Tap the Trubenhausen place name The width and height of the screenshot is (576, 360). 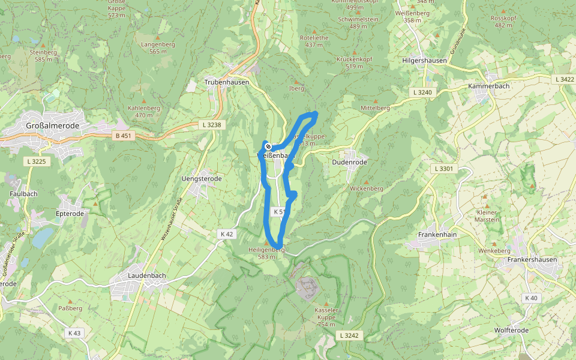pos(227,82)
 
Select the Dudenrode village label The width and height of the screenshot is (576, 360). pos(349,162)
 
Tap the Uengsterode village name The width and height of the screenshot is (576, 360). pos(202,179)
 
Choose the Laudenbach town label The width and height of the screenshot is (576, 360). pos(146,275)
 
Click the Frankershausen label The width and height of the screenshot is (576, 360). pos(532,260)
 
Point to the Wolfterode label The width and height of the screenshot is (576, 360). pos(511,330)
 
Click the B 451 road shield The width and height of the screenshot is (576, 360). pos(122,136)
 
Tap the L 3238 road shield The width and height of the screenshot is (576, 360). pos(211,125)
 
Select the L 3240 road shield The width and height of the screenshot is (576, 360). pos(423,92)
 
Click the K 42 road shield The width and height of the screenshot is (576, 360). pos(226,234)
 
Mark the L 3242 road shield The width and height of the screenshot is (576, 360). pos(348,335)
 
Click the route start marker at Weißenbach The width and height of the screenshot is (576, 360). pos(268,146)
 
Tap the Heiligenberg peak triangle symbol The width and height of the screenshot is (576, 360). pos(266,242)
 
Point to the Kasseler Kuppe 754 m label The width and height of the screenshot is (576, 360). pos(326,316)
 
